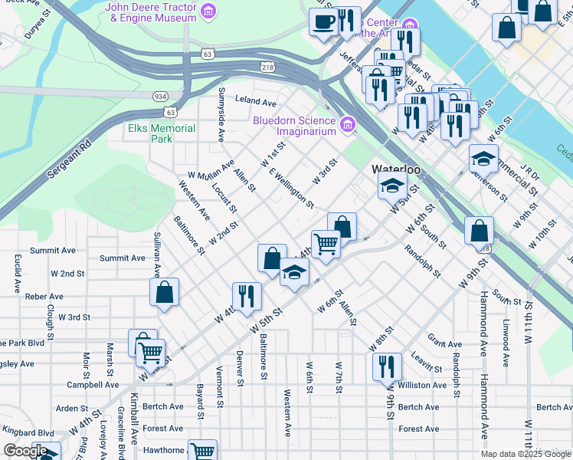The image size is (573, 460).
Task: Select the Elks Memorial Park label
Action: [x=162, y=133]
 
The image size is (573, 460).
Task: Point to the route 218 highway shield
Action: [x=267, y=67]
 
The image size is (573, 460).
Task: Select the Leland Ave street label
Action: [x=255, y=101]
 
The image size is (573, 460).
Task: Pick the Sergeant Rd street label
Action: [x=68, y=159]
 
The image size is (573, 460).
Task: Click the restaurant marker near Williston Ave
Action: [x=385, y=366]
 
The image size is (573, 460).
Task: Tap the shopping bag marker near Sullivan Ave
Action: [x=165, y=293]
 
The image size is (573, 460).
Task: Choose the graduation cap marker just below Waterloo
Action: [x=391, y=186]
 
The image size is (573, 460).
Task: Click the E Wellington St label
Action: [x=291, y=189]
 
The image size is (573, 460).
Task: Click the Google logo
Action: [x=25, y=451]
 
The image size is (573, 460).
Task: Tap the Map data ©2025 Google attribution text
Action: [x=526, y=454]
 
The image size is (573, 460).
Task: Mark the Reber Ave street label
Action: [x=44, y=296]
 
